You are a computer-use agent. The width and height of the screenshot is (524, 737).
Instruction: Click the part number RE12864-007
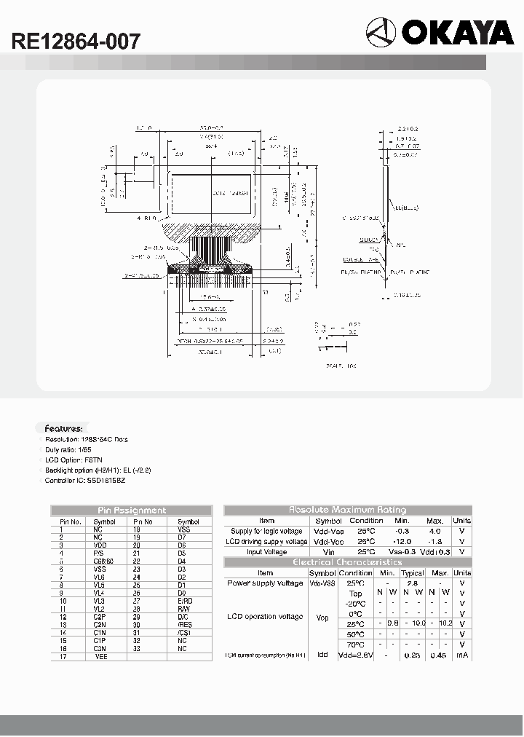click(x=76, y=42)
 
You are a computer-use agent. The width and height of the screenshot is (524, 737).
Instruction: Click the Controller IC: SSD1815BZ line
click(x=85, y=481)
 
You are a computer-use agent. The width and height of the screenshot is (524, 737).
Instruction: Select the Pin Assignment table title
click(x=132, y=511)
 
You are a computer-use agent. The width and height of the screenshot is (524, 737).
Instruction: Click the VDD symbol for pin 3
click(x=100, y=545)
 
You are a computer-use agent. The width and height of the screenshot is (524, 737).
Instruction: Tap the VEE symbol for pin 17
click(x=100, y=657)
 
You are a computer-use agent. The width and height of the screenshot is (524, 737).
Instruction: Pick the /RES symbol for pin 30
click(x=184, y=625)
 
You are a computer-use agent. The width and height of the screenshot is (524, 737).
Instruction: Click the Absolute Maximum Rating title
click(x=348, y=510)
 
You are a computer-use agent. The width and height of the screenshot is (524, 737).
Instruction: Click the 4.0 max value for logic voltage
click(x=434, y=531)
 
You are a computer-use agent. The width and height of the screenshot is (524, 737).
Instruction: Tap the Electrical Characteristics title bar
click(x=348, y=562)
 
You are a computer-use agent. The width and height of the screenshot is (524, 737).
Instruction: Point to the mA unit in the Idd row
click(x=462, y=655)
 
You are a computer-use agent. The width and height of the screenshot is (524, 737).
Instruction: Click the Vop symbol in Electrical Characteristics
click(x=323, y=618)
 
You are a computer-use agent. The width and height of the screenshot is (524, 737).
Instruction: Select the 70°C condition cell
click(x=355, y=645)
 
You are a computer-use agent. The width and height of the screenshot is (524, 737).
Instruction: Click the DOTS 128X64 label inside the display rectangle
click(x=231, y=194)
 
